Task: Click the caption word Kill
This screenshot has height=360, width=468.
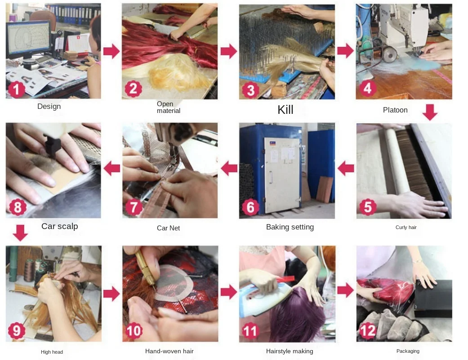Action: [x=285, y=110]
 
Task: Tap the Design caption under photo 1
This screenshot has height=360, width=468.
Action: [x=49, y=106]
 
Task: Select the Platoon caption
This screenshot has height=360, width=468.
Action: [x=395, y=110]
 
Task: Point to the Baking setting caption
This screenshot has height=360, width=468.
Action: [x=290, y=227]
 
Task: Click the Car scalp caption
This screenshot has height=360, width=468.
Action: [x=60, y=226]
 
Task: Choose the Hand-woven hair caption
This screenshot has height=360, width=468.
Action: [x=169, y=351]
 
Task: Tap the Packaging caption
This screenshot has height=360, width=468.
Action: [x=408, y=351]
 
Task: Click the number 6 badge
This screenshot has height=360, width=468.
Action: [x=250, y=207]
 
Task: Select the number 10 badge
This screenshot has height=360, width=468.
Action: [x=134, y=330]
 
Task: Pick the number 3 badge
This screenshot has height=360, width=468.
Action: [x=251, y=90]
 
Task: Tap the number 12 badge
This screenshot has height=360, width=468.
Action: [x=367, y=330]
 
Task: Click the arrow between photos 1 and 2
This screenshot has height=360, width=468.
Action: [x=111, y=51]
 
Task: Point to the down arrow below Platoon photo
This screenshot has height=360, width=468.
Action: [x=430, y=112]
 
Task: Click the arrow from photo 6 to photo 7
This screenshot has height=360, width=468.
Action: [x=229, y=168]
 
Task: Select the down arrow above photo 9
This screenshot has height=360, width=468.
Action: [x=21, y=233]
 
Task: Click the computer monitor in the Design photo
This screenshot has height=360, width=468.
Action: [x=28, y=40]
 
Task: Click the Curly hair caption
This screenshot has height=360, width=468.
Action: [x=406, y=227]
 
